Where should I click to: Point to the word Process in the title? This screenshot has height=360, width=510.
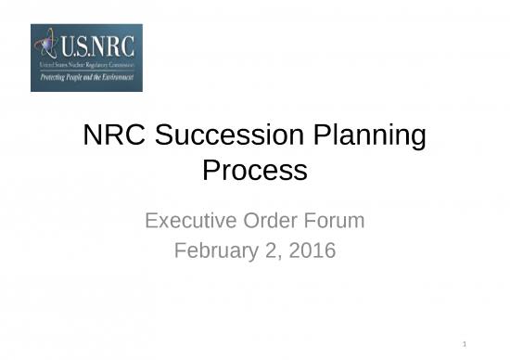[x=254, y=171]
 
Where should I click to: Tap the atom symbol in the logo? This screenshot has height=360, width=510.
[x=45, y=45]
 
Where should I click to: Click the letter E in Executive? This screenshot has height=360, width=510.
[x=152, y=221]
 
